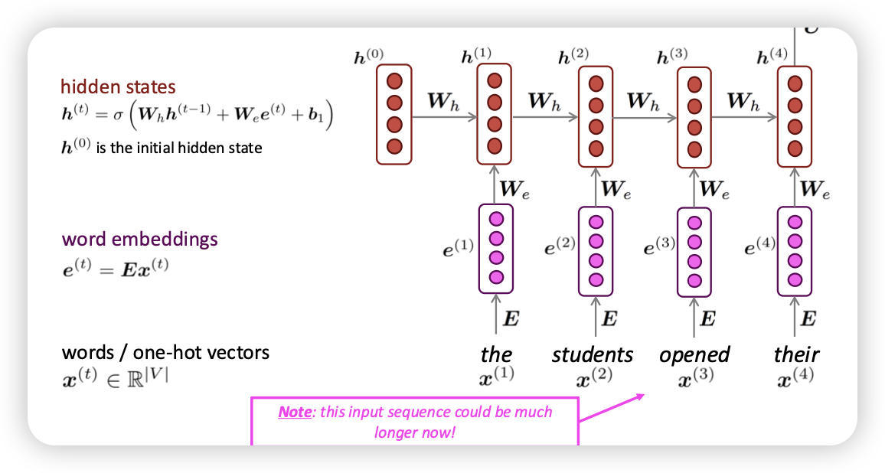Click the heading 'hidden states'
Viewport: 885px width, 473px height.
[118, 86]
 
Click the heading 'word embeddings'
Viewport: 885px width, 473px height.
[139, 239]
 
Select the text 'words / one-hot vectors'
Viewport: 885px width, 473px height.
[165, 353]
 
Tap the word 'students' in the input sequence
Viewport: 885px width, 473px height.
[593, 354]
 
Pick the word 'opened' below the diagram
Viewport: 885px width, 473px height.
[694, 354]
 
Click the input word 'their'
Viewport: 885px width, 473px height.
[796, 354]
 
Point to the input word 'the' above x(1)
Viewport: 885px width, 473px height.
[496, 354]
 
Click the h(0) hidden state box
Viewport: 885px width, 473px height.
[394, 114]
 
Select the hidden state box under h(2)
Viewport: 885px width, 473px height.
[595, 116]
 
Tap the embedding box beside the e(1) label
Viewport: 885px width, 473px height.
[495, 248]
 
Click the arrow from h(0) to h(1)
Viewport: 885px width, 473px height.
[444, 118]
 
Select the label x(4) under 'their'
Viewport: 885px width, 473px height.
[796, 377]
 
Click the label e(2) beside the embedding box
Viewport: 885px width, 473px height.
[560, 246]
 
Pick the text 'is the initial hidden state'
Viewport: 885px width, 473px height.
[179, 148]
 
